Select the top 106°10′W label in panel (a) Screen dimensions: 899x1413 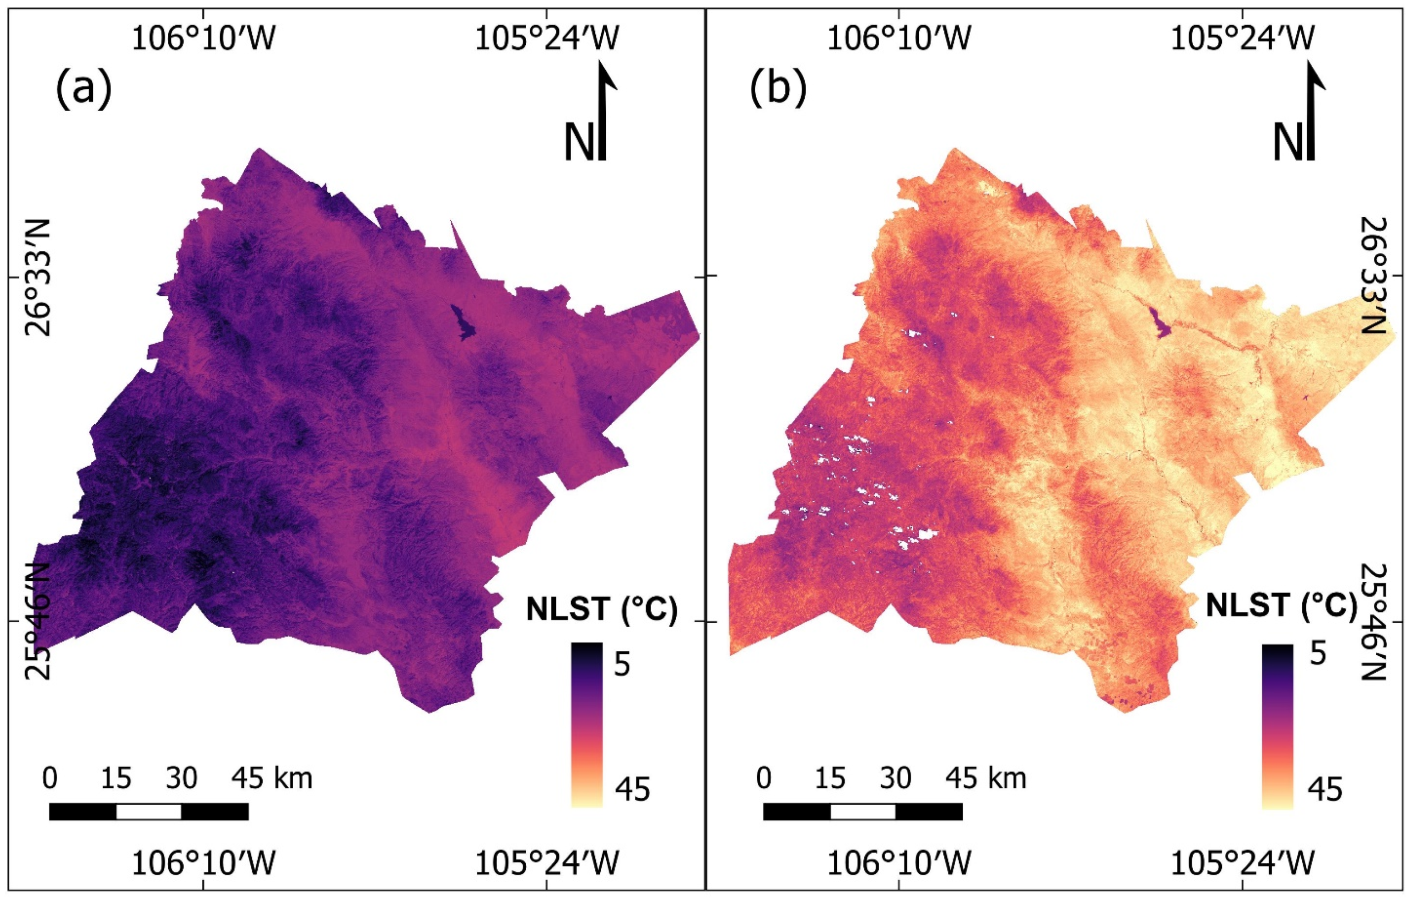(203, 40)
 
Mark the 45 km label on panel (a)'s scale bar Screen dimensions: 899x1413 (272, 779)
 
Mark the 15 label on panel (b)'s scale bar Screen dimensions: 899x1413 (830, 779)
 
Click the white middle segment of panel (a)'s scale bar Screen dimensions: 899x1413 (148, 812)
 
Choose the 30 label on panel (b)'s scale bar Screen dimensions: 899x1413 (896, 779)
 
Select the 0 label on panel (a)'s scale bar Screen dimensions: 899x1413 (50, 779)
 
